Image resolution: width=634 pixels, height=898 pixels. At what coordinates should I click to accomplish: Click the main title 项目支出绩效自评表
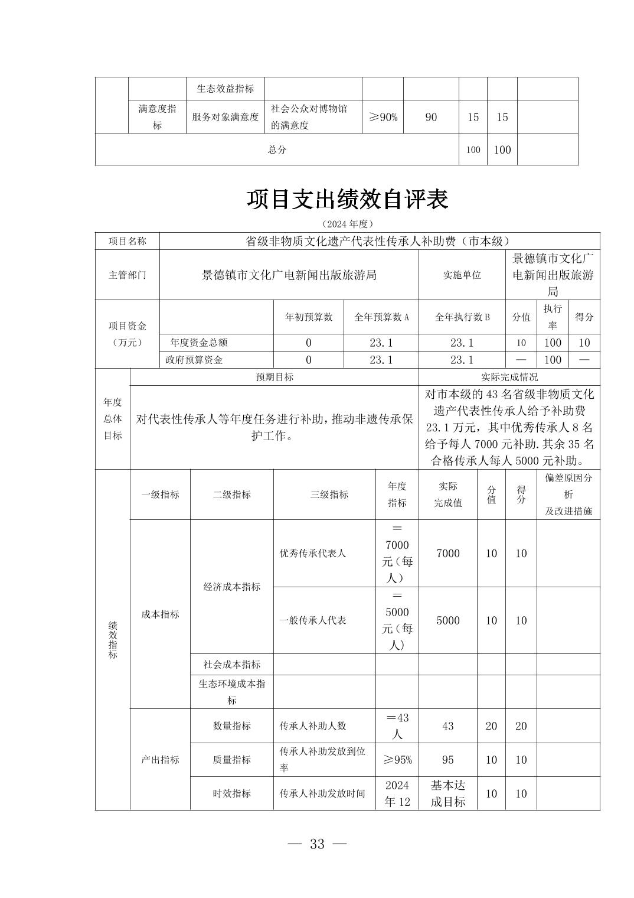tap(347, 200)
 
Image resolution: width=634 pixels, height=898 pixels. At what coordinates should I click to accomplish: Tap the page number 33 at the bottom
tap(317, 844)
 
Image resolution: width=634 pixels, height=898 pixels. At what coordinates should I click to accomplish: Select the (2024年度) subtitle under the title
tap(348, 224)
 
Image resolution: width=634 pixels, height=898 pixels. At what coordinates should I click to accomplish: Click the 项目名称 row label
tap(127, 241)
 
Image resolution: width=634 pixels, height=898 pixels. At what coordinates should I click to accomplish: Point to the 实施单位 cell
tap(462, 275)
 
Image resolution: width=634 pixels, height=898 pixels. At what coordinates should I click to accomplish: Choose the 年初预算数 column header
tap(309, 317)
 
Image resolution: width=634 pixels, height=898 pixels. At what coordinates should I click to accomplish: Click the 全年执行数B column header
tap(462, 317)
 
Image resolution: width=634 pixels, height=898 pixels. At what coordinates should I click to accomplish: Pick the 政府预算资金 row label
tap(194, 360)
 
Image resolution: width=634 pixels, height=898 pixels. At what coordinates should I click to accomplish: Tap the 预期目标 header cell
tap(274, 377)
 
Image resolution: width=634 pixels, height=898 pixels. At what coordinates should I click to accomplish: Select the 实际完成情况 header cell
tap(509, 377)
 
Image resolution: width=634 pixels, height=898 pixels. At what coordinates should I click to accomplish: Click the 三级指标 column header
tap(329, 494)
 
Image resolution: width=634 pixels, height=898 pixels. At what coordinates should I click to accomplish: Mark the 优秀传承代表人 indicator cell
tap(312, 554)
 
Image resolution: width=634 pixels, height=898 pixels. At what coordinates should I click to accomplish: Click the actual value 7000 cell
tap(447, 554)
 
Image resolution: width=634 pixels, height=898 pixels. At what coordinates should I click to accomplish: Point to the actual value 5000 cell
tap(447, 620)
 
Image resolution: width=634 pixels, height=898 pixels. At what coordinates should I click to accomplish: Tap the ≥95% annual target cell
tap(397, 760)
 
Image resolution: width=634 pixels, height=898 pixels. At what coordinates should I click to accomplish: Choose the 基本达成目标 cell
tap(447, 793)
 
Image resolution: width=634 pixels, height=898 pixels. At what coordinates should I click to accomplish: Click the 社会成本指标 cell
tap(231, 665)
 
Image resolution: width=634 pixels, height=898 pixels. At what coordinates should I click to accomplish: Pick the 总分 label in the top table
tap(277, 149)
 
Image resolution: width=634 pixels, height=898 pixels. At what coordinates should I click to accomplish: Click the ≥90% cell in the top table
tap(383, 117)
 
